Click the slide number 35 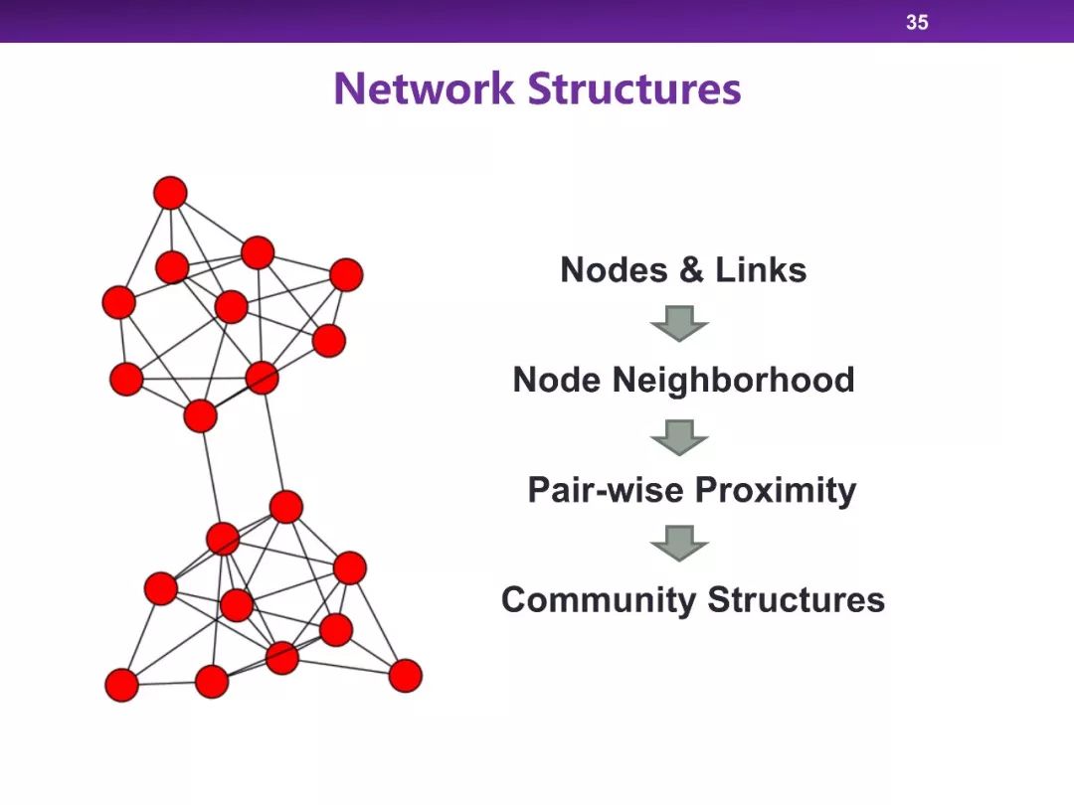[x=917, y=22]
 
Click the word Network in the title [x=424, y=88]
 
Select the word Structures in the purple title [x=634, y=89]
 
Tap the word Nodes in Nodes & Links [x=614, y=269]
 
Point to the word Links [x=761, y=269]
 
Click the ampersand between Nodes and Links [x=692, y=269]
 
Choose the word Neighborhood [x=734, y=380]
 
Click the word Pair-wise [x=606, y=489]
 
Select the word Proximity [x=776, y=491]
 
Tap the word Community [x=599, y=600]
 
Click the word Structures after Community [x=796, y=599]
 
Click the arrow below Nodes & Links [x=679, y=324]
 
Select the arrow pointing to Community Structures [x=679, y=544]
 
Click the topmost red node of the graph [x=171, y=193]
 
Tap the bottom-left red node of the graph [x=122, y=685]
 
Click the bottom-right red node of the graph [x=406, y=676]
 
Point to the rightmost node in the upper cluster [x=347, y=274]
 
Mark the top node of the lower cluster [x=286, y=507]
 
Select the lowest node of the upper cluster [x=201, y=416]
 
